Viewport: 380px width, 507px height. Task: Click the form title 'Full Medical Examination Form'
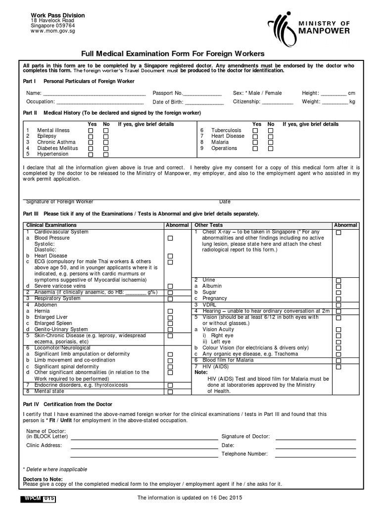coord(176,53)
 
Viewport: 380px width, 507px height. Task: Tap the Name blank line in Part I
coord(94,94)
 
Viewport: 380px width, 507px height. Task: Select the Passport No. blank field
coord(202,94)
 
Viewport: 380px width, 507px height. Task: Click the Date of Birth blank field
coord(204,102)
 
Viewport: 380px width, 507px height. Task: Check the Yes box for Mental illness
coord(91,130)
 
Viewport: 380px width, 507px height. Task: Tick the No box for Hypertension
coord(106,154)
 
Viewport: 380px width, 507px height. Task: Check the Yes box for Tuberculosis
coord(255,130)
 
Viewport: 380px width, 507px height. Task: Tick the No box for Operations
coord(271,148)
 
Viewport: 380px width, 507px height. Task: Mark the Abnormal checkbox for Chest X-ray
coord(338,232)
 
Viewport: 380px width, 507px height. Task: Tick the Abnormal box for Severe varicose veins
coord(170,286)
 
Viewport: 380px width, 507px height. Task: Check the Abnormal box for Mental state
coord(170,392)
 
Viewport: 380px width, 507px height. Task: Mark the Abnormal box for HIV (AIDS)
coord(338,367)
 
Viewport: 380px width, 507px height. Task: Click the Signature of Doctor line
coord(315,438)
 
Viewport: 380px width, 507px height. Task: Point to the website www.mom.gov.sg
coord(51,31)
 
